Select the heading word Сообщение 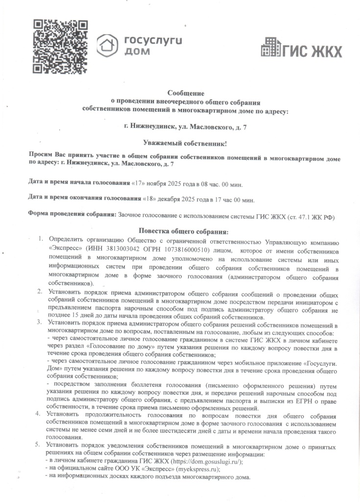186,93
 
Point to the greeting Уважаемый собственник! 186,143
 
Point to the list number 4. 41,414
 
